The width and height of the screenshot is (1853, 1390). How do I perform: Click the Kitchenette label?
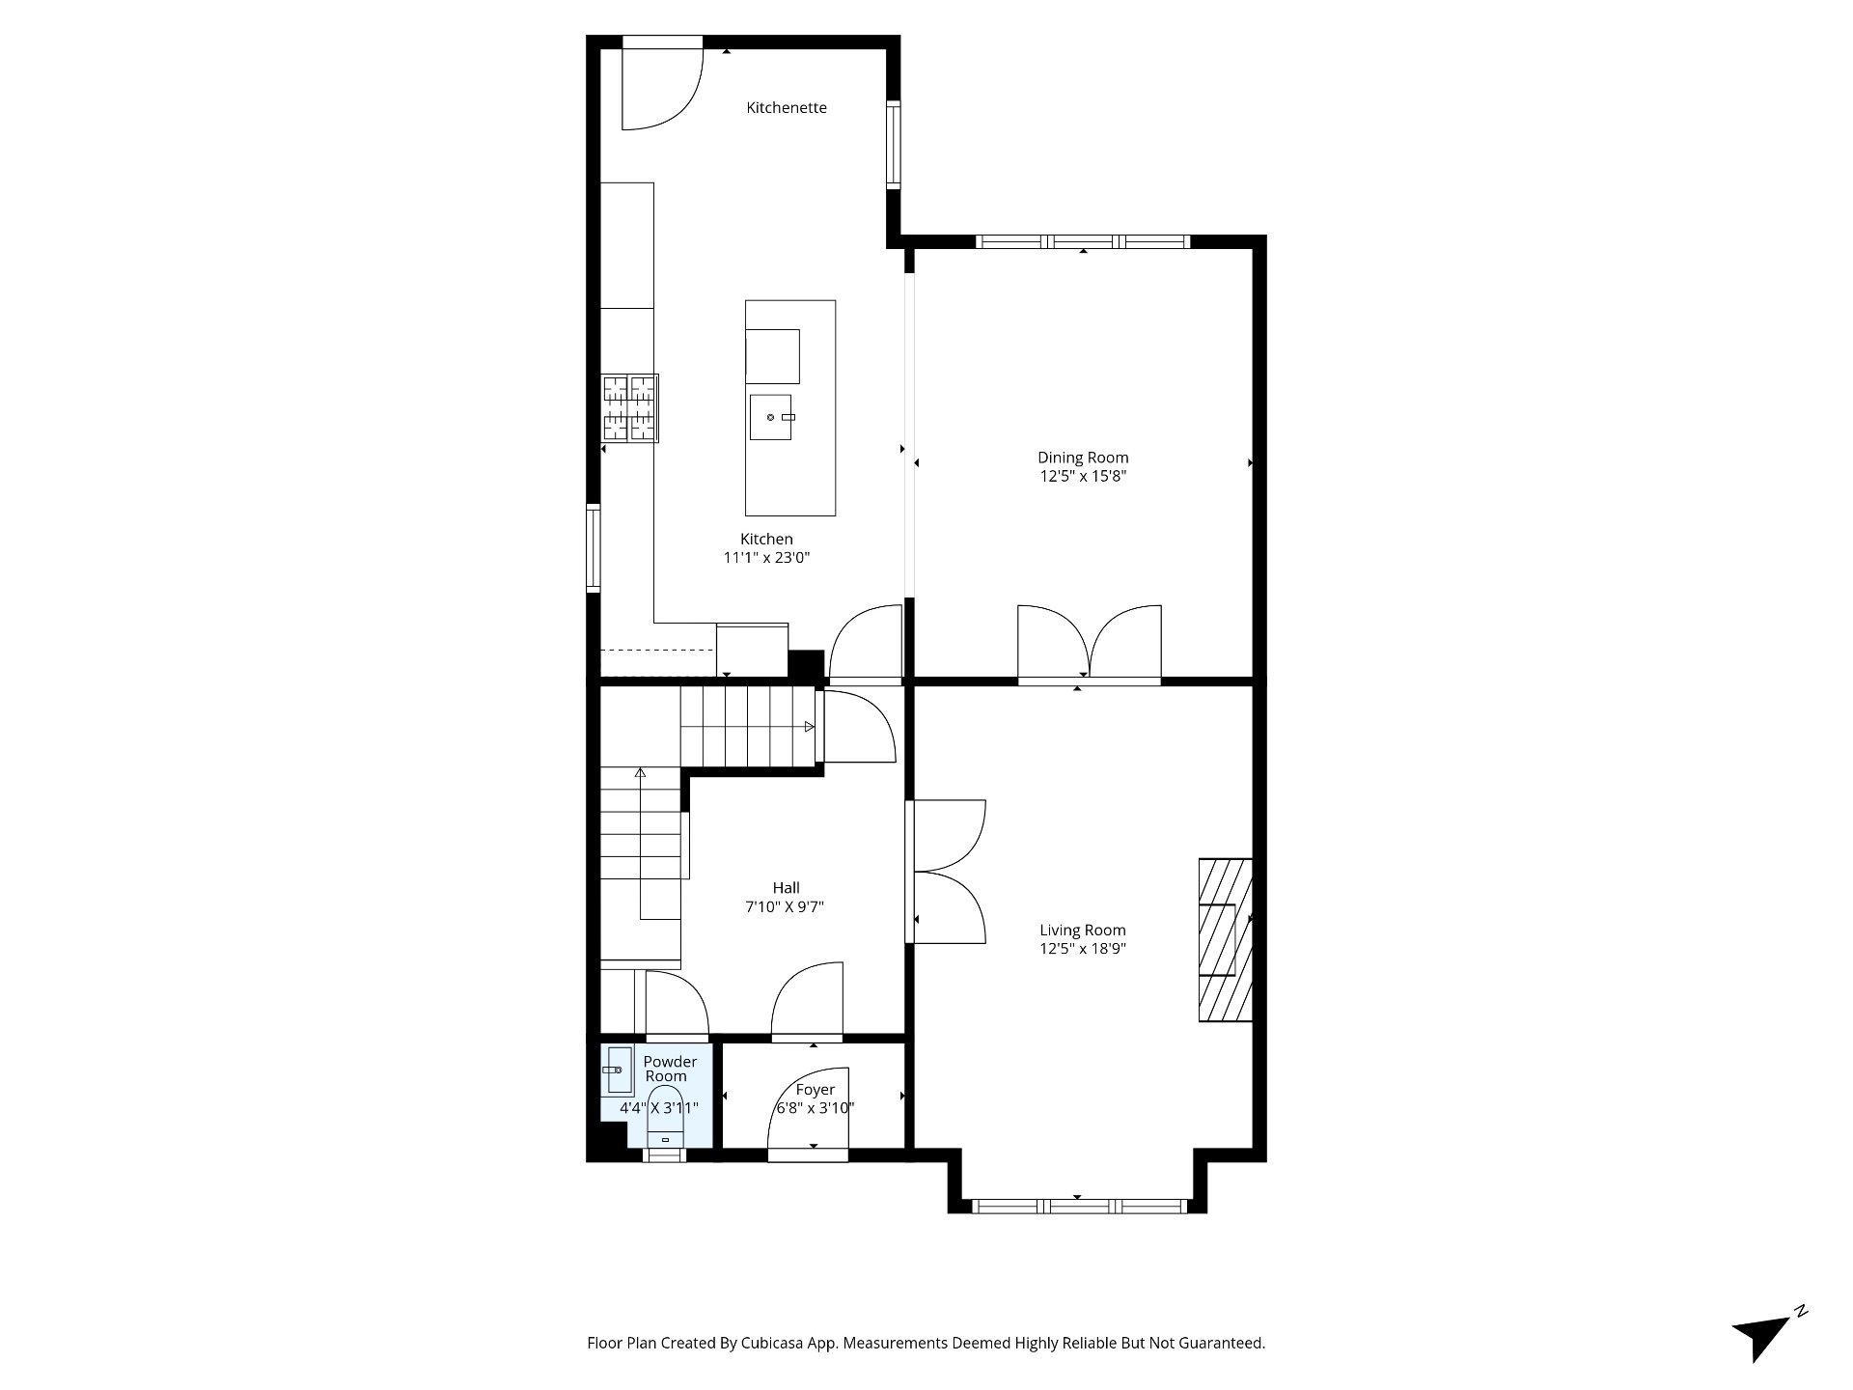tap(787, 108)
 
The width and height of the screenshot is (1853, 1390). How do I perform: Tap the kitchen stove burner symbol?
tap(629, 408)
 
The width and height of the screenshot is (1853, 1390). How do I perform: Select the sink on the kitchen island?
tap(771, 417)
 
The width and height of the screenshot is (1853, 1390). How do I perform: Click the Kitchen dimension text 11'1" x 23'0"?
tap(766, 558)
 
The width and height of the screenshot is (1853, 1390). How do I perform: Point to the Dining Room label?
tap(1083, 458)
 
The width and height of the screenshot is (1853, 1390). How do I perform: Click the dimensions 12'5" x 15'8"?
tap(1083, 476)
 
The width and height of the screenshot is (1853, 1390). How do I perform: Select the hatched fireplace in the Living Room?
tap(1225, 939)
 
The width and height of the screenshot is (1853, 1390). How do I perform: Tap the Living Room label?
tap(1082, 931)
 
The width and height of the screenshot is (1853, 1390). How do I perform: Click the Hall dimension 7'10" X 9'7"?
tap(786, 907)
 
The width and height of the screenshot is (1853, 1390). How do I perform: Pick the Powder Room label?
tap(669, 1069)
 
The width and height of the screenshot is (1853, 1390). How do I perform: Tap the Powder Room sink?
tap(616, 1070)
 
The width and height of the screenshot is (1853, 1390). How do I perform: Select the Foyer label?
tap(816, 1090)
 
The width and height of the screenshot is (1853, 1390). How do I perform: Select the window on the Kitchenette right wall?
tap(894, 144)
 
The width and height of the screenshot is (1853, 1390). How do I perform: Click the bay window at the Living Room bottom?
tap(1079, 1206)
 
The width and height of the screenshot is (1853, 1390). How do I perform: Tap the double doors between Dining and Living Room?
tap(1090, 645)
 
